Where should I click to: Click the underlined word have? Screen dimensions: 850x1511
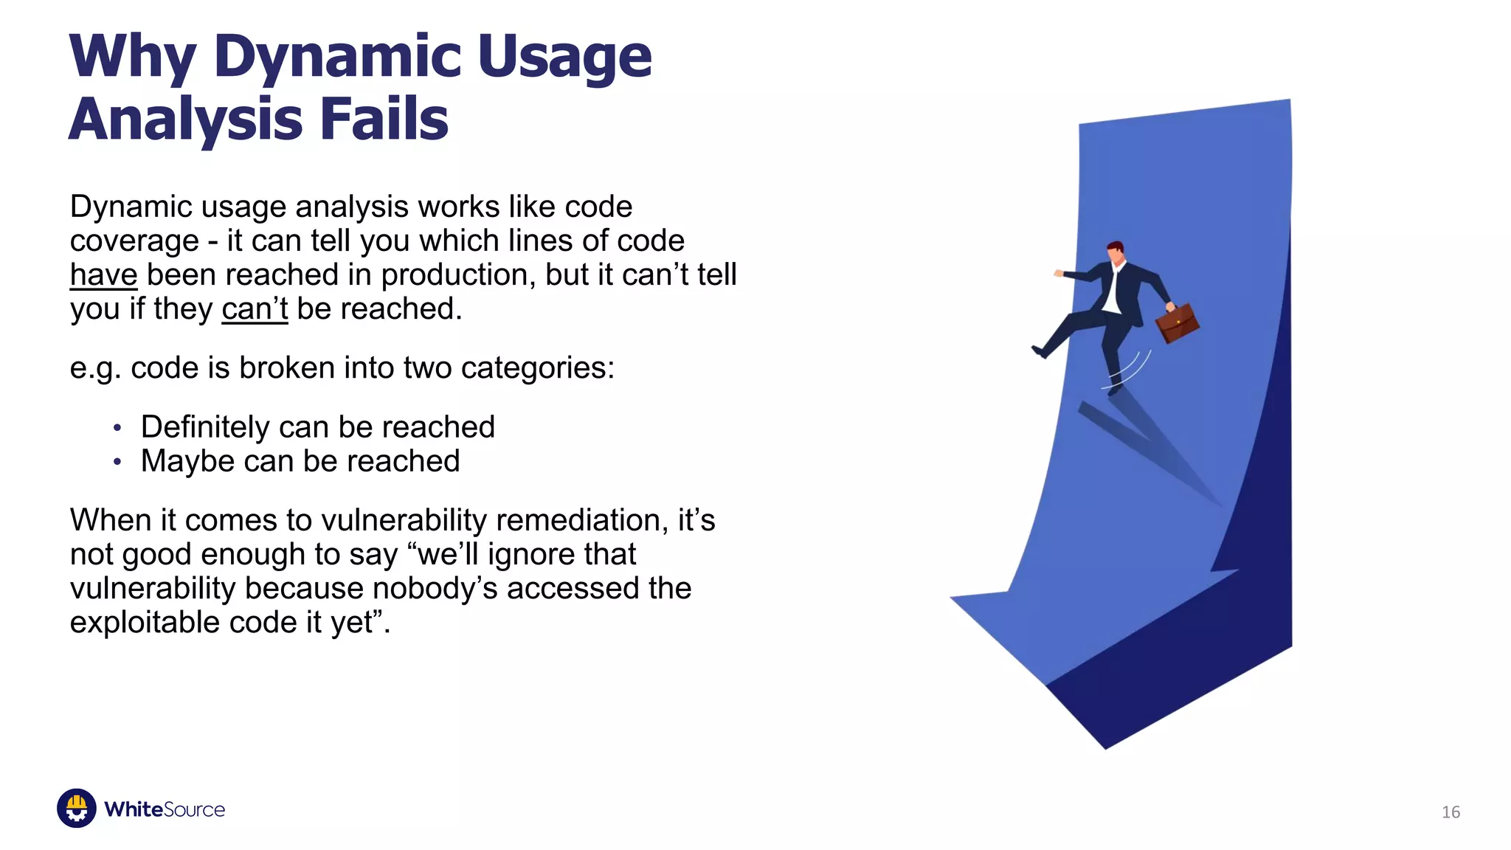(103, 275)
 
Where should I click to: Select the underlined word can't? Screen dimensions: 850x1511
(255, 309)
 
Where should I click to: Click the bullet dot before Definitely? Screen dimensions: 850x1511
(117, 428)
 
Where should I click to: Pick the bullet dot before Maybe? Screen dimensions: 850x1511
(117, 462)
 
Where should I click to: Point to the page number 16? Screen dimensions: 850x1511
(1451, 812)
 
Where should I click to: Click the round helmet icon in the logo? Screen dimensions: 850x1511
(77, 808)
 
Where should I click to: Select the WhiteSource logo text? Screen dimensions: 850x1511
(165, 809)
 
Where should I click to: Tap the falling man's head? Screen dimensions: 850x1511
(1116, 252)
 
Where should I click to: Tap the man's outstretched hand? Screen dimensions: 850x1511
(1059, 273)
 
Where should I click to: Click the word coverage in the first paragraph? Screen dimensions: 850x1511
(134, 241)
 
